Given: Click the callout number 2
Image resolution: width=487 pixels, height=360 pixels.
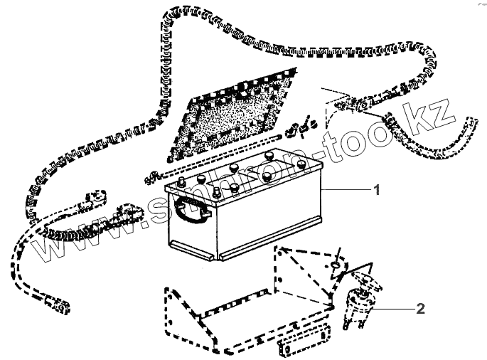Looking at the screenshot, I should click(x=420, y=309).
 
